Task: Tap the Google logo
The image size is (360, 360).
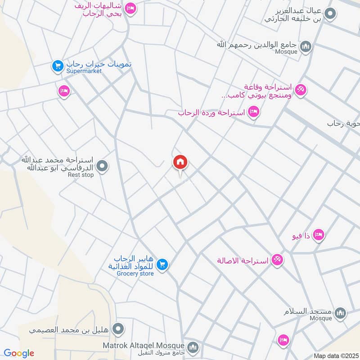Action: (19, 353)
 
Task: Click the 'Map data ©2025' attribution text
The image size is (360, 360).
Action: (335, 355)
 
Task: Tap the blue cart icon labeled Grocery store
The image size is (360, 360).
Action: (163, 265)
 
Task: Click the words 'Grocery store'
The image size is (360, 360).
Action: (135, 274)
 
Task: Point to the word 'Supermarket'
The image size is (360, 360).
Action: (84, 71)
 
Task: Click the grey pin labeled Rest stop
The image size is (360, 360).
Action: (102, 167)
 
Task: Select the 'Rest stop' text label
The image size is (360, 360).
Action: (81, 175)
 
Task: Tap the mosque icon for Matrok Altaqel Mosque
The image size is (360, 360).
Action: (193, 347)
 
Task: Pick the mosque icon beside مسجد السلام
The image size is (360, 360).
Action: (341, 313)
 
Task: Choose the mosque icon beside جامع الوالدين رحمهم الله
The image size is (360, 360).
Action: (306, 47)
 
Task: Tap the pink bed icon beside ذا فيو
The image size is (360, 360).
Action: (319, 234)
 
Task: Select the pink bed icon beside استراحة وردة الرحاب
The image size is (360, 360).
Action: (254, 111)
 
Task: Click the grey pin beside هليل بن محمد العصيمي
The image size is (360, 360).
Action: (118, 328)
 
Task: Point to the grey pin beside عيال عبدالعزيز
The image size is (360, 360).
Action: (331, 14)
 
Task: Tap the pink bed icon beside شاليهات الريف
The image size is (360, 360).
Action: (130, 8)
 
